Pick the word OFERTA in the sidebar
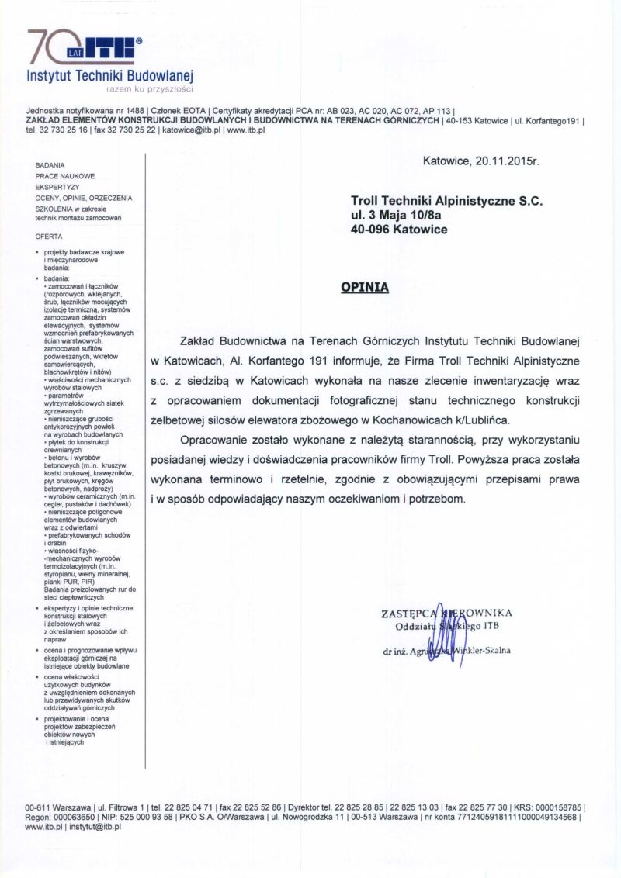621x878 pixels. [x=49, y=236]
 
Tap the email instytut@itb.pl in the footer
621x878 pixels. [x=95, y=827]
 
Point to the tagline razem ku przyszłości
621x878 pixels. [x=150, y=89]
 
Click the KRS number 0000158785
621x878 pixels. [x=552, y=807]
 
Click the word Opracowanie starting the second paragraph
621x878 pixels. [x=213, y=440]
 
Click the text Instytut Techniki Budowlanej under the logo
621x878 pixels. [x=109, y=76]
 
